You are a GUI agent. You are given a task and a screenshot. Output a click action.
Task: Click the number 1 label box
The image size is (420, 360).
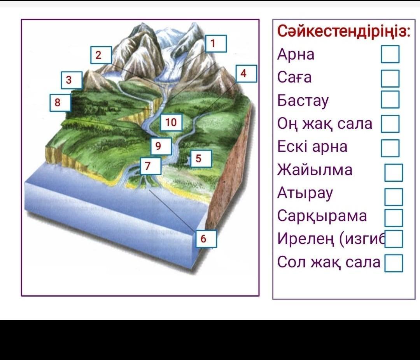point(216,44)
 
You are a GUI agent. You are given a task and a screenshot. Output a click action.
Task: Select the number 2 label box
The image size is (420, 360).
point(101,55)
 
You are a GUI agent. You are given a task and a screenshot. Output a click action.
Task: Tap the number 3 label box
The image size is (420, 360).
point(72,80)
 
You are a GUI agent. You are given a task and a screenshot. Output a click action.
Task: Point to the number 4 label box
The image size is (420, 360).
point(246,74)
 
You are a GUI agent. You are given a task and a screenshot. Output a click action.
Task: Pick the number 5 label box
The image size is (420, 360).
point(201,158)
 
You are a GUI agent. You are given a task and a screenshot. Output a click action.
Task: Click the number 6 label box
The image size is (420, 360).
point(206,239)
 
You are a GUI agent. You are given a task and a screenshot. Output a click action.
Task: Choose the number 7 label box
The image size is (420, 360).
point(150,166)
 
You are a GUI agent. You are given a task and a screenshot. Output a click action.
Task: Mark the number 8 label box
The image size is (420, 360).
point(60,103)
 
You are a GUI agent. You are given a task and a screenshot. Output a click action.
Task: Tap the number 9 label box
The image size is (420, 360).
point(161,146)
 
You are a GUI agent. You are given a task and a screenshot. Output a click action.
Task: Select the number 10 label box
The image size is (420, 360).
point(171,123)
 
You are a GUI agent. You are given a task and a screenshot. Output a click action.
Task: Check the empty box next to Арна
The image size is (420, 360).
point(390,54)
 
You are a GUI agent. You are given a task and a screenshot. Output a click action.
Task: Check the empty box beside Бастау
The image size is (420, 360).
point(390,100)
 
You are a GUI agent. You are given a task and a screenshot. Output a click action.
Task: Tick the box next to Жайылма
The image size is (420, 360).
point(394,173)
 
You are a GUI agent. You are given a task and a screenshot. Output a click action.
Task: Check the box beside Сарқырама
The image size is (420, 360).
point(394,218)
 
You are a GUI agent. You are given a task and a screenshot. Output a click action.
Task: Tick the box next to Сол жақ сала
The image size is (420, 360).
point(394,263)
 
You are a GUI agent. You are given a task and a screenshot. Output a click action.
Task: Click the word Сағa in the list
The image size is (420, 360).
point(294,77)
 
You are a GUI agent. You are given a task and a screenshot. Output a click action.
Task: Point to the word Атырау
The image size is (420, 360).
point(305,193)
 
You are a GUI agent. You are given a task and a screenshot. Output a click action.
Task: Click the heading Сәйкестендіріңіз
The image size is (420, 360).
point(344,31)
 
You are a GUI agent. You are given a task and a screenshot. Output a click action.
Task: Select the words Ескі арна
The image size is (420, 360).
point(312,147)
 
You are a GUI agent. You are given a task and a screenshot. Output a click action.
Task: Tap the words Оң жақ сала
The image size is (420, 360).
point(325,124)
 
